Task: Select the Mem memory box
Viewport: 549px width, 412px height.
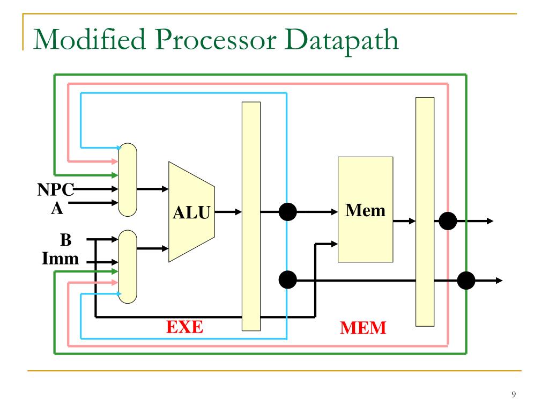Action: click(x=365, y=209)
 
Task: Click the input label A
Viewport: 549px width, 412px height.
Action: click(x=56, y=208)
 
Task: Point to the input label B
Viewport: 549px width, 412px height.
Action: click(x=68, y=239)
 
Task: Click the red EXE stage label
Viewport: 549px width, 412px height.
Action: click(x=183, y=326)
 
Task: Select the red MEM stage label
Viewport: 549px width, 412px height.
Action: click(x=363, y=327)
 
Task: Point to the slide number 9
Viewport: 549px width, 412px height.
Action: click(x=514, y=395)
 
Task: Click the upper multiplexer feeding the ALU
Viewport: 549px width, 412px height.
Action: click(x=128, y=180)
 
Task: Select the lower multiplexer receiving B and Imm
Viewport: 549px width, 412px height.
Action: click(x=128, y=266)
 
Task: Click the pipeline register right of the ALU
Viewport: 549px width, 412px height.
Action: click(x=251, y=216)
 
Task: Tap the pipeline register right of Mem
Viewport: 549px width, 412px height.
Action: click(x=425, y=211)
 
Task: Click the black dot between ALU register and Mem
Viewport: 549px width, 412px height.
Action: click(x=288, y=212)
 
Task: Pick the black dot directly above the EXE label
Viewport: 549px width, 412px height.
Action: click(x=288, y=279)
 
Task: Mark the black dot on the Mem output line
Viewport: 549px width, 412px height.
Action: click(x=448, y=220)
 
